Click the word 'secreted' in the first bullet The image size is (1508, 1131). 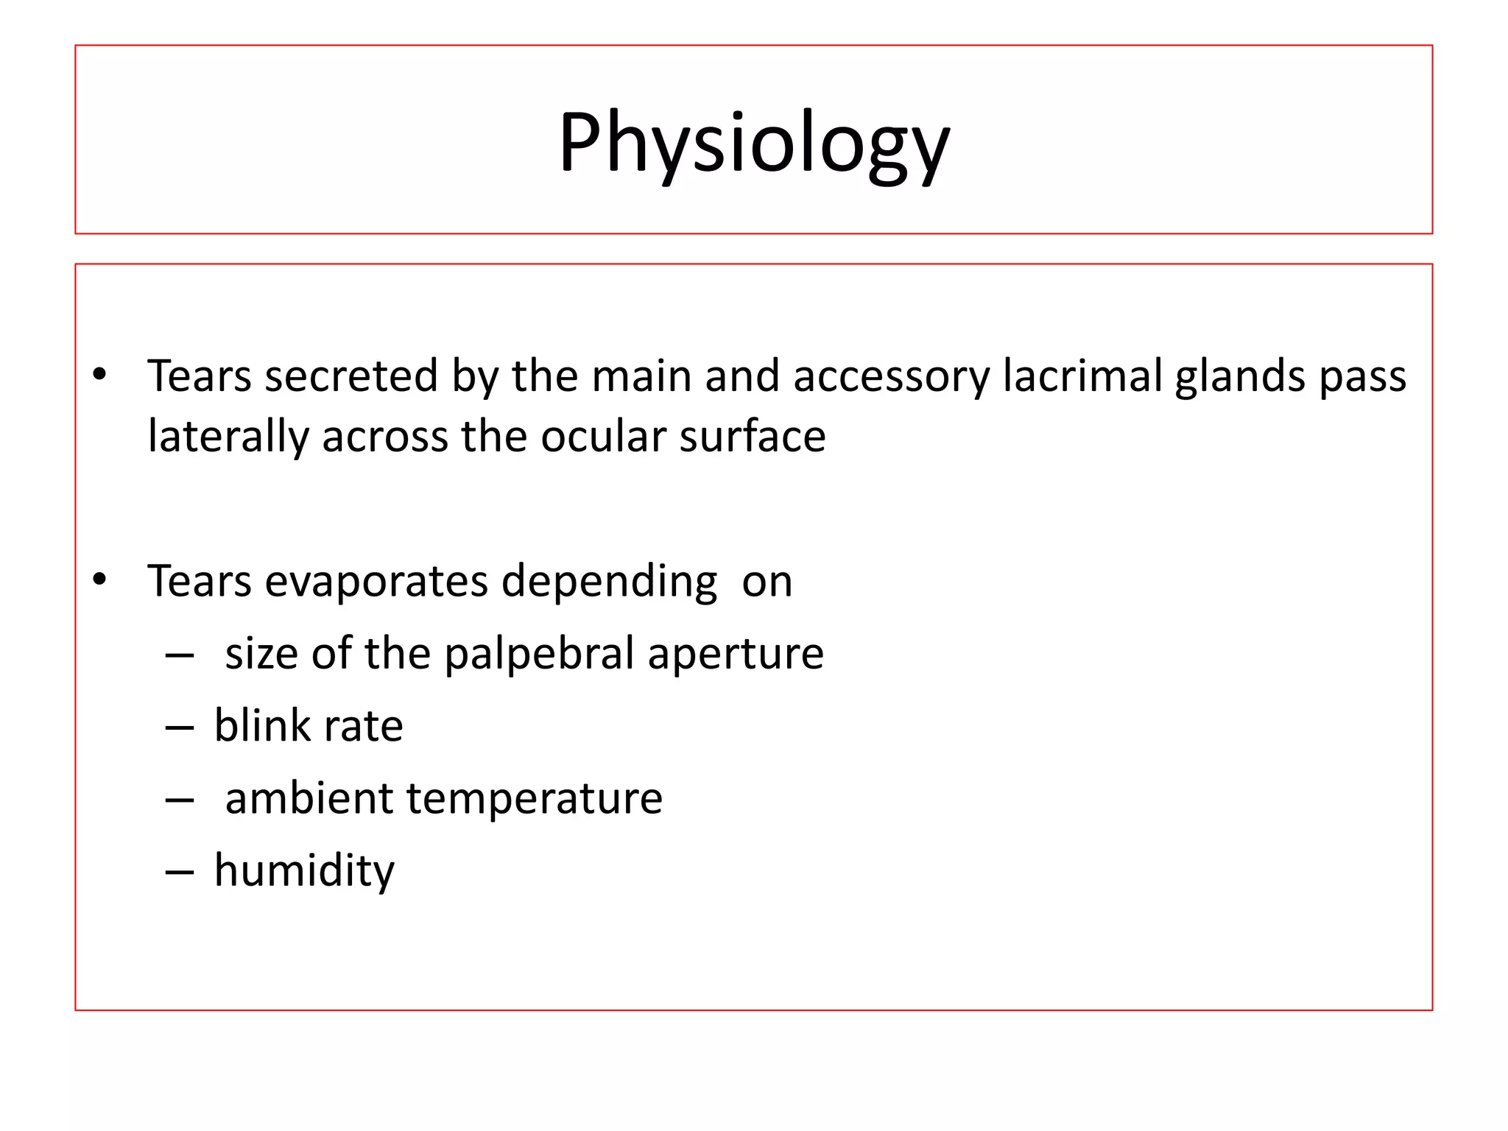(x=351, y=376)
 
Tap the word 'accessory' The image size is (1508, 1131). (x=891, y=376)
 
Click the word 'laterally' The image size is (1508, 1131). (x=228, y=437)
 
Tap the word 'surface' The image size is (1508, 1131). (x=752, y=437)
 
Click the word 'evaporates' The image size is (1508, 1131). (x=376, y=582)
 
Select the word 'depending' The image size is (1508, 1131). (x=609, y=582)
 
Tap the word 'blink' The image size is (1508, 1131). (x=262, y=726)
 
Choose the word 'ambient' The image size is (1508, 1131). (x=309, y=798)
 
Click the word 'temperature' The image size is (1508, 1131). (x=534, y=798)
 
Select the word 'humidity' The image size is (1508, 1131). (x=304, y=870)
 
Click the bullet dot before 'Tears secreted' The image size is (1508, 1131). (x=99, y=375)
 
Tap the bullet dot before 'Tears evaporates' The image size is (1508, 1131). (x=99, y=580)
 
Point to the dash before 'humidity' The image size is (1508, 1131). (x=180, y=873)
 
